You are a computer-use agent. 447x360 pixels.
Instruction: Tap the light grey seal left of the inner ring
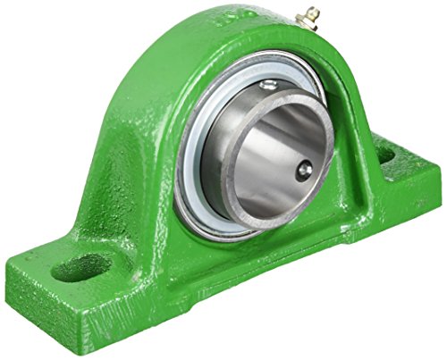point(190,161)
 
